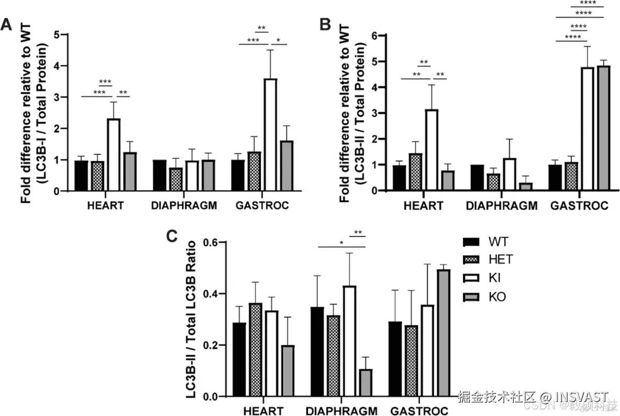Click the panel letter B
[x=325, y=25]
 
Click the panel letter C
[x=172, y=236]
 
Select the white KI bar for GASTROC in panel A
[x=270, y=135]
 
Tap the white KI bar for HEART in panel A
[x=114, y=155]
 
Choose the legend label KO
[x=497, y=298]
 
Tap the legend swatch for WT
[x=471, y=242]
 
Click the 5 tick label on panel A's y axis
[x=63, y=35]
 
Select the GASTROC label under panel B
[x=579, y=206]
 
